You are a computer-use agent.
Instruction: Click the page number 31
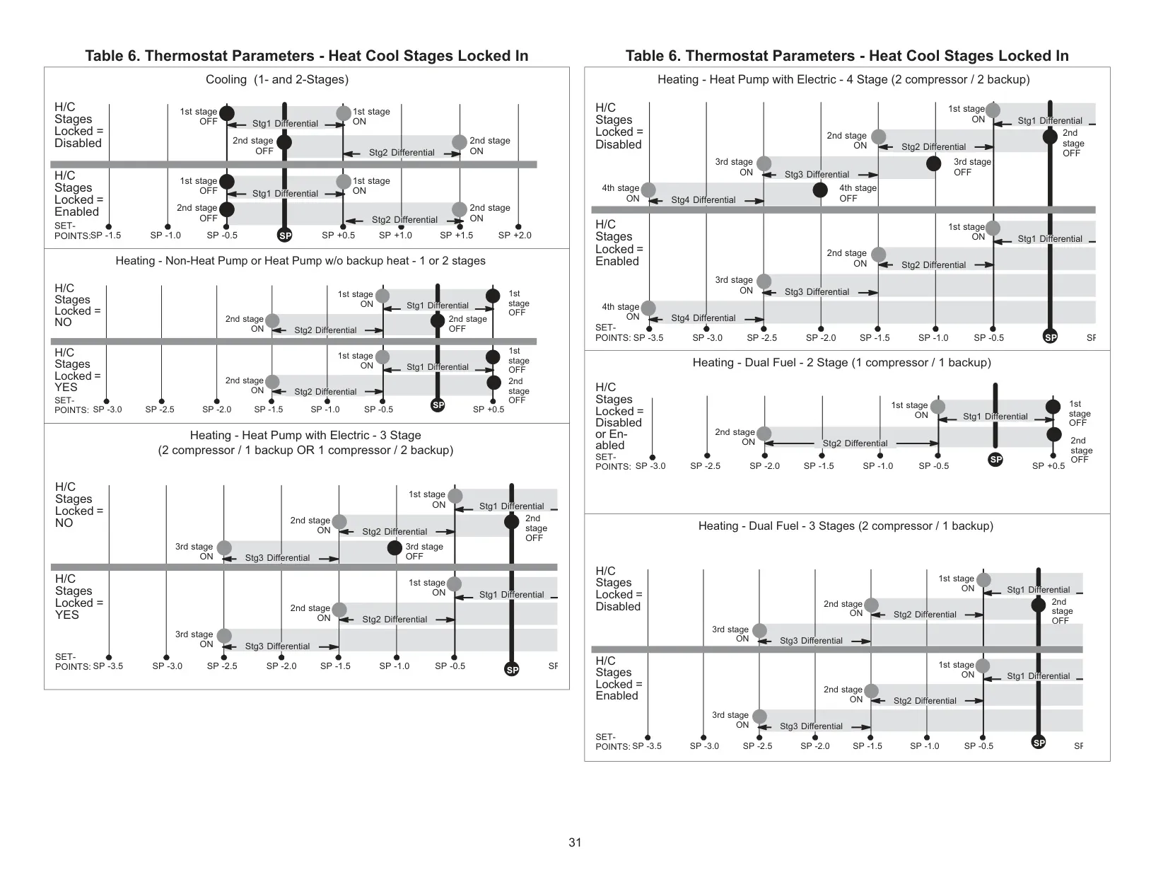[575, 842]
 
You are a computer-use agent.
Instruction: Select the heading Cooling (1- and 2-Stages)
[277, 80]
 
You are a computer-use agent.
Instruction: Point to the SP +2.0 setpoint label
[515, 236]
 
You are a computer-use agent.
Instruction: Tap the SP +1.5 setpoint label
[456, 236]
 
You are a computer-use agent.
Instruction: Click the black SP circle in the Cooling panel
[285, 236]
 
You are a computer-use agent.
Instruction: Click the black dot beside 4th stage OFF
[820, 190]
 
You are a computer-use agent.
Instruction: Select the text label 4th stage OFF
[858, 193]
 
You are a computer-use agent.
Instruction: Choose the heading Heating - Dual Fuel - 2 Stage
[841, 362]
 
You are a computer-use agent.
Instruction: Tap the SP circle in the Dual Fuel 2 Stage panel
[995, 460]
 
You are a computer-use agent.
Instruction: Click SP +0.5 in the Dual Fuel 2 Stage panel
[1048, 466]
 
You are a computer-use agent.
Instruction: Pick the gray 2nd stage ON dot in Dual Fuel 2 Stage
[764, 434]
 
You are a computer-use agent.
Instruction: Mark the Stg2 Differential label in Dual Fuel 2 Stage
[855, 443]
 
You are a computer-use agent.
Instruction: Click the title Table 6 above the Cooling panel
[307, 56]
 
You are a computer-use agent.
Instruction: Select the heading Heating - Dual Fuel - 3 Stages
[846, 525]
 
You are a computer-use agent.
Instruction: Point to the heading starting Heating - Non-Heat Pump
[300, 261]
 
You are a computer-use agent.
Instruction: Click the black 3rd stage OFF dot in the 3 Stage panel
[395, 547]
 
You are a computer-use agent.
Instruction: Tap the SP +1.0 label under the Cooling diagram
[395, 236]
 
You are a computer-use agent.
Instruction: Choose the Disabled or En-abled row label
[619, 417]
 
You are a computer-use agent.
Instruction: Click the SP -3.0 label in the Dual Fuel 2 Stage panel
[650, 466]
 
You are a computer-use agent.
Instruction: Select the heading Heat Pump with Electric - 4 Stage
[843, 80]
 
